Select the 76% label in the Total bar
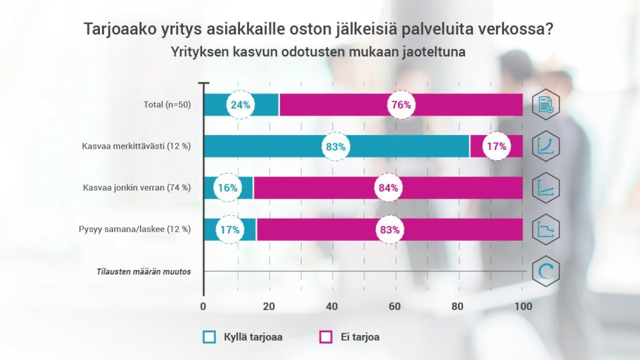pyautogui.click(x=401, y=105)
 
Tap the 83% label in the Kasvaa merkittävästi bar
pyautogui.click(x=334, y=147)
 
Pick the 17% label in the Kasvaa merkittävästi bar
pyautogui.click(x=496, y=147)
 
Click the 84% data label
pyautogui.click(x=388, y=187)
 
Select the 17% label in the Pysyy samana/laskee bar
pyautogui.click(x=230, y=229)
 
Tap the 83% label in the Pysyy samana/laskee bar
pyautogui.click(x=389, y=229)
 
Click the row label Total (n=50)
pyautogui.click(x=166, y=105)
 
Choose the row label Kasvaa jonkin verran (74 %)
pyautogui.click(x=137, y=187)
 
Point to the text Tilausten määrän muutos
pyautogui.click(x=144, y=271)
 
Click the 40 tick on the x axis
pyautogui.click(x=331, y=306)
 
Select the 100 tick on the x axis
pyautogui.click(x=522, y=306)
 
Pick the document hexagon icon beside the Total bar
pyautogui.click(x=546, y=105)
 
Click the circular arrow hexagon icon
pyautogui.click(x=546, y=271)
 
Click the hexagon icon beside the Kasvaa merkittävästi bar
pyautogui.click(x=546, y=147)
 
